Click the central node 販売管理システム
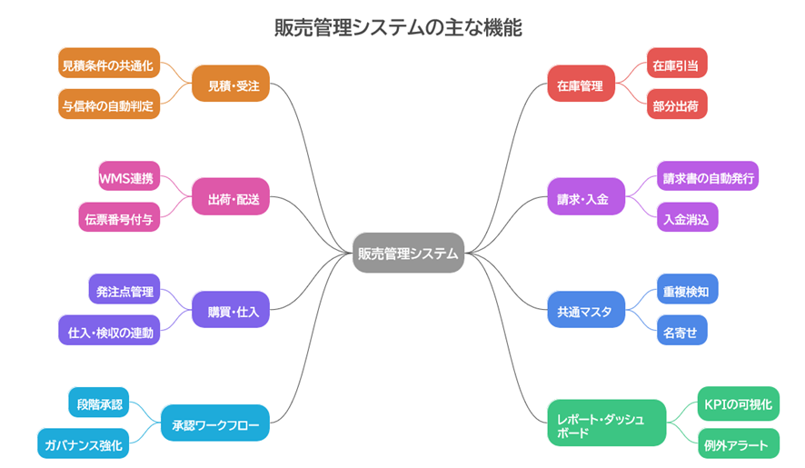[x=408, y=254]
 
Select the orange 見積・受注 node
[x=232, y=85]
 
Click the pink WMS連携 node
[x=129, y=177]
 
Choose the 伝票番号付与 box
[x=119, y=218]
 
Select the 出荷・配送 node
[x=232, y=197]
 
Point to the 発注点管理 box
[x=124, y=291]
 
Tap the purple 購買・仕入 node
[x=232, y=311]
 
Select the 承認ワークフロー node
[x=215, y=423]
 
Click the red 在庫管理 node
[x=581, y=85]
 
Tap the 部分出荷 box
[x=677, y=105]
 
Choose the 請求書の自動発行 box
[x=708, y=177]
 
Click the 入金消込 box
[x=688, y=218]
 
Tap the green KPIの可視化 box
[x=739, y=403]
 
